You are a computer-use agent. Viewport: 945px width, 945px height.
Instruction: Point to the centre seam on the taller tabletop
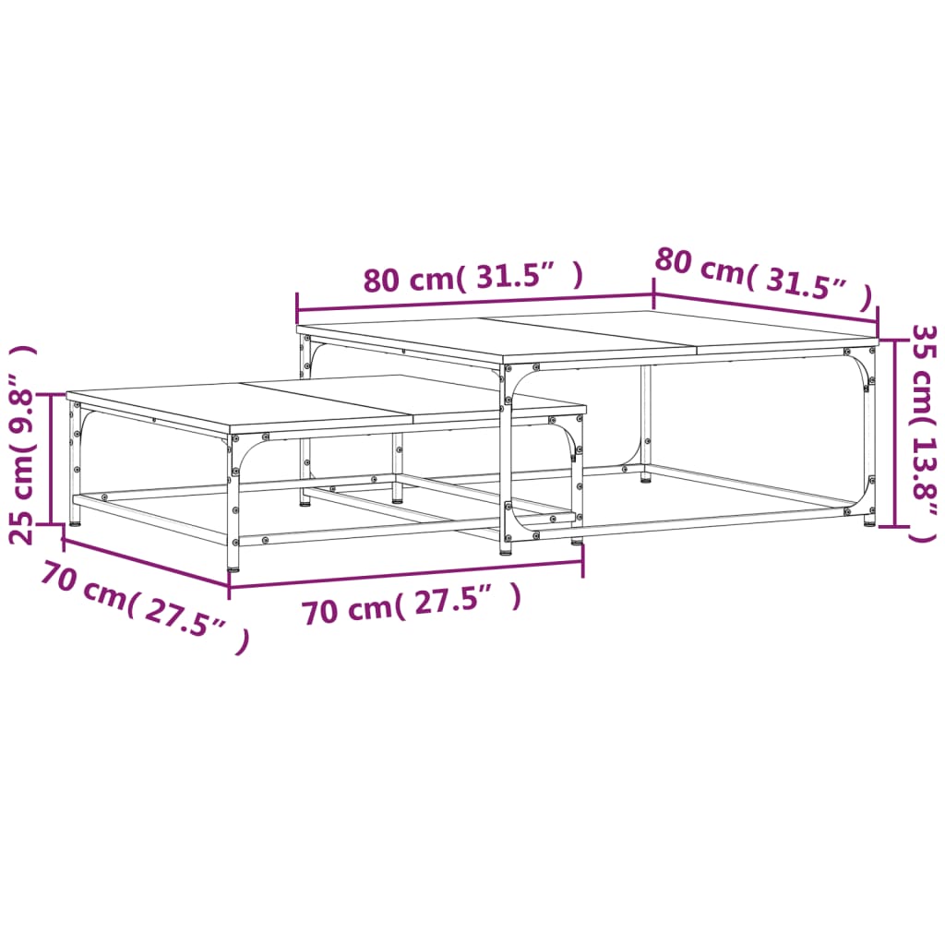pos(591,333)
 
